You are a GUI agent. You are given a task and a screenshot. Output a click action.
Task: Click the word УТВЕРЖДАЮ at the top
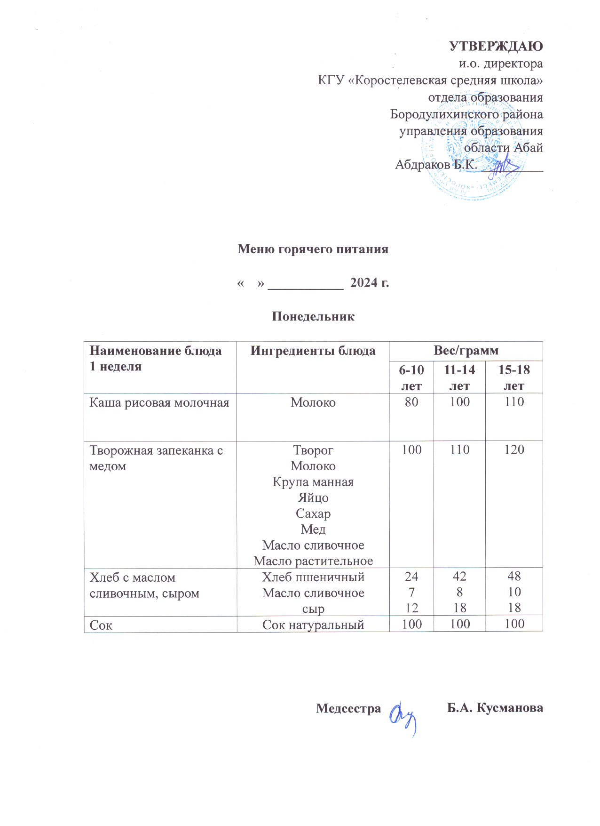click(x=496, y=47)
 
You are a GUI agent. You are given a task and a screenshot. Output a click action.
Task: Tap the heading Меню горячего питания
click(x=313, y=249)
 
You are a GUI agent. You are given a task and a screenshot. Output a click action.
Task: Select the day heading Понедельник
click(x=313, y=316)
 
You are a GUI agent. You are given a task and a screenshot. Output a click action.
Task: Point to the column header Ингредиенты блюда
click(x=313, y=351)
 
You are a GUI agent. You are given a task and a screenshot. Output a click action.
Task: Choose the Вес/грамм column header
click(x=466, y=351)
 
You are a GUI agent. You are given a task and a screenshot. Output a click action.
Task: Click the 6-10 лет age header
click(x=411, y=377)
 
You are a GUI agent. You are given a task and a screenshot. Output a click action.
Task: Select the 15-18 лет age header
click(x=514, y=377)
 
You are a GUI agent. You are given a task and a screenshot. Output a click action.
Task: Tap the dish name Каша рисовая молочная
click(x=159, y=403)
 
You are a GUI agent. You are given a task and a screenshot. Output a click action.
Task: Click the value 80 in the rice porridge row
click(x=411, y=402)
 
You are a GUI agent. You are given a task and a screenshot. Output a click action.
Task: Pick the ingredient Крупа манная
click(x=313, y=482)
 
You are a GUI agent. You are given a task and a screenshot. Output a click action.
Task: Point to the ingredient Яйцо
click(x=313, y=498)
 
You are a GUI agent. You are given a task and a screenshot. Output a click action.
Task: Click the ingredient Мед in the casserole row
click(x=313, y=529)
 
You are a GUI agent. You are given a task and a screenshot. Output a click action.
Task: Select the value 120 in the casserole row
click(x=514, y=450)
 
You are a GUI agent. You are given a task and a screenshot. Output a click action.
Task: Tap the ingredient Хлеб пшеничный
click(x=313, y=577)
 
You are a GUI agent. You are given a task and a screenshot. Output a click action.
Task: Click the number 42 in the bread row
click(x=459, y=577)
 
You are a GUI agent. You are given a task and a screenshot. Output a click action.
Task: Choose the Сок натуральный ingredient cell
click(x=313, y=625)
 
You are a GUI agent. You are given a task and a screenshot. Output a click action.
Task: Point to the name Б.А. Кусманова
click(x=495, y=708)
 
